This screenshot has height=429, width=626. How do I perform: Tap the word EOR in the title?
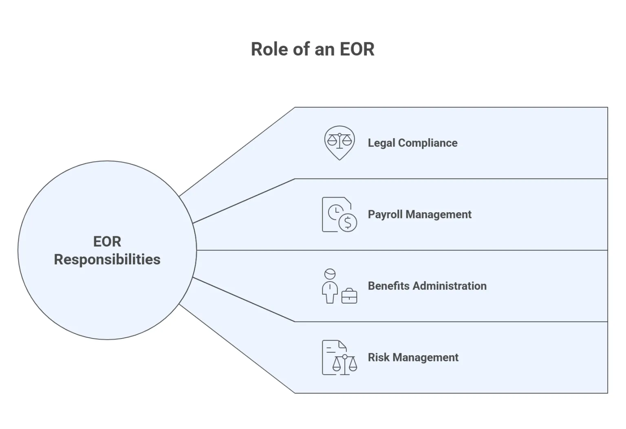[357, 49]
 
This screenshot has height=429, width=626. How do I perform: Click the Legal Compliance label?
[412, 143]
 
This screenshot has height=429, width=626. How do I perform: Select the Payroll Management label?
[419, 214]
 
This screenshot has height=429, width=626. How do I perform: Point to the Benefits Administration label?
[427, 286]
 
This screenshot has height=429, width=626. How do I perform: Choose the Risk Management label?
[413, 357]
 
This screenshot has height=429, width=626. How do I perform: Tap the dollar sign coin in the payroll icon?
[348, 222]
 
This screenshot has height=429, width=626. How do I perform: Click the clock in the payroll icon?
[336, 211]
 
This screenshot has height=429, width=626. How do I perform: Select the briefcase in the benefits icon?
[349, 296]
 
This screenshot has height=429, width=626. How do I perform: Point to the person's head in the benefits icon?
[330, 274]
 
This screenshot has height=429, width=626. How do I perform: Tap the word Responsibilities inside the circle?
[107, 260]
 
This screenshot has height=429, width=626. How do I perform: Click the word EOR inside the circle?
[107, 242]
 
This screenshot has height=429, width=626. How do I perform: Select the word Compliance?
[428, 143]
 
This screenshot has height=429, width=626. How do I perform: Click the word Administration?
[450, 286]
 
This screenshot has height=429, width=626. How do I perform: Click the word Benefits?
[388, 286]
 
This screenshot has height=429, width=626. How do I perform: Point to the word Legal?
[381, 143]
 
